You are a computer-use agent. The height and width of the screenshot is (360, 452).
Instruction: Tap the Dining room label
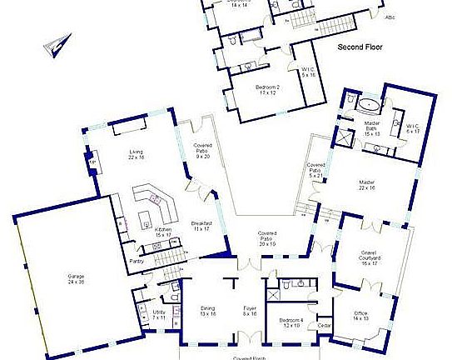pyautogui.click(x=208, y=311)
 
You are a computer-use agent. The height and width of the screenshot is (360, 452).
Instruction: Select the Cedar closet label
pyautogui.click(x=325, y=325)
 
